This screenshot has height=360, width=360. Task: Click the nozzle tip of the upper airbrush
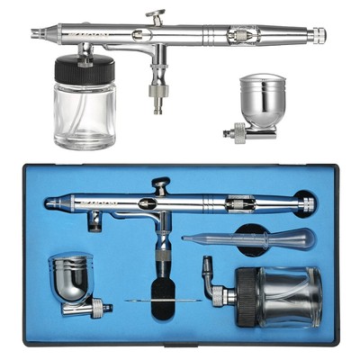[34, 33]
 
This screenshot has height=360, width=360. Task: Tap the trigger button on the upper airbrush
[158, 16]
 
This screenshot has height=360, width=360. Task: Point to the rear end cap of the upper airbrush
[319, 36]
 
